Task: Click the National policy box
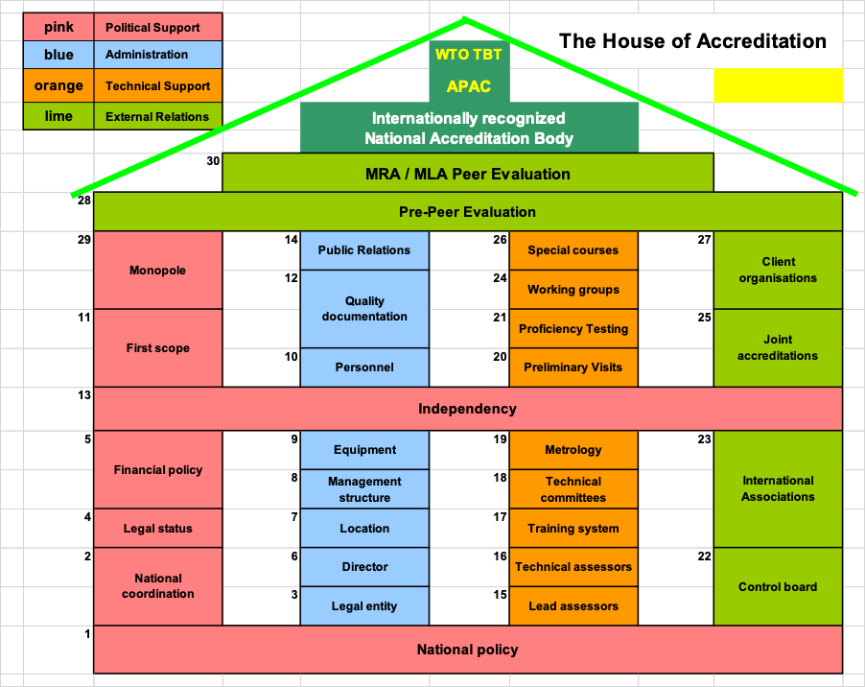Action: coord(467,650)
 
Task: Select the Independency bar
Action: coord(467,409)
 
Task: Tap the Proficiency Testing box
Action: coord(573,329)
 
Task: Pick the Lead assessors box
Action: coord(573,606)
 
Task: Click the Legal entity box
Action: coord(364,606)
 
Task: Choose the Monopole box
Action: coord(157,271)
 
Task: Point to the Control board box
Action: coord(778,587)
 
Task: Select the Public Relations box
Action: coord(364,250)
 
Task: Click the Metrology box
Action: coord(573,450)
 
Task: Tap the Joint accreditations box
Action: coord(778,347)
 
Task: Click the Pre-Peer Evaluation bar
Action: coord(467,212)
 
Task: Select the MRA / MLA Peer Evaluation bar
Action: coord(467,174)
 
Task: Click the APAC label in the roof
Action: coord(469,86)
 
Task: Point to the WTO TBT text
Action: coord(469,55)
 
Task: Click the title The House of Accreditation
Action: coord(692,41)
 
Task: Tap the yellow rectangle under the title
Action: coord(778,85)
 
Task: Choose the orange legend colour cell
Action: coord(58,86)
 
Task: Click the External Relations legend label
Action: coord(157,117)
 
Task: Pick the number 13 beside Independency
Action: coord(83,394)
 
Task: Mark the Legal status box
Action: coord(157,529)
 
